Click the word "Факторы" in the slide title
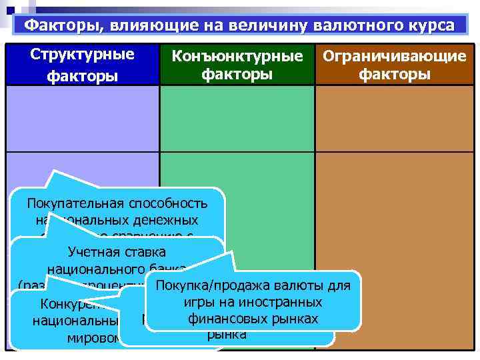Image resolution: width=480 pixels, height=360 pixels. pyautogui.click(x=55, y=26)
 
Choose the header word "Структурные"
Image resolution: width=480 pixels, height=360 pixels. pyautogui.click(x=82, y=55)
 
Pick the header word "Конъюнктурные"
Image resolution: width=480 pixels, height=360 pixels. pyautogui.click(x=237, y=56)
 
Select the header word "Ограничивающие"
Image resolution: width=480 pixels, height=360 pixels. pyautogui.click(x=394, y=56)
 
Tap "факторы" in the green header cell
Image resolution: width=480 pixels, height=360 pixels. pyautogui.click(x=237, y=74)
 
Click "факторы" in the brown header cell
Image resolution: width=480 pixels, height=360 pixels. pyautogui.click(x=394, y=74)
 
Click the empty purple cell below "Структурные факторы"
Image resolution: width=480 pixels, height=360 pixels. pyautogui.click(x=82, y=119)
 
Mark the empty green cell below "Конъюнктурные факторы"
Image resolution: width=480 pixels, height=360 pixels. pyautogui.click(x=237, y=119)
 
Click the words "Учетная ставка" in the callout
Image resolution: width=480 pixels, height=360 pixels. pyautogui.click(x=117, y=253)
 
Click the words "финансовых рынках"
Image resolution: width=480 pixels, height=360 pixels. pyautogui.click(x=252, y=319)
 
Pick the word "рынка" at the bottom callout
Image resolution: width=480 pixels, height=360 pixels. pyautogui.click(x=227, y=334)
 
